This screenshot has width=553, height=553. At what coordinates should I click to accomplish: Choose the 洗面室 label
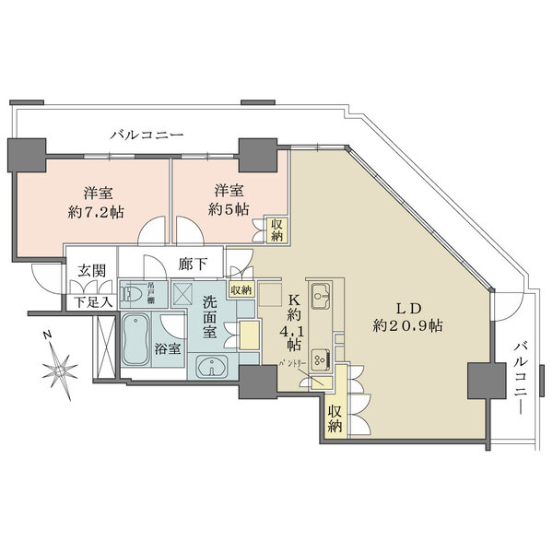210,318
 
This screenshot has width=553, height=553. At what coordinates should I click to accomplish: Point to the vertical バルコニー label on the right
521,376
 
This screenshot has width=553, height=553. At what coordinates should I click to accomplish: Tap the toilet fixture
135,294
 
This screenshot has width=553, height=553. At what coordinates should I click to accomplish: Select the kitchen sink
322,297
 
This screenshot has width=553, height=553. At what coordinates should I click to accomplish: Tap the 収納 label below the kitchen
334,419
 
